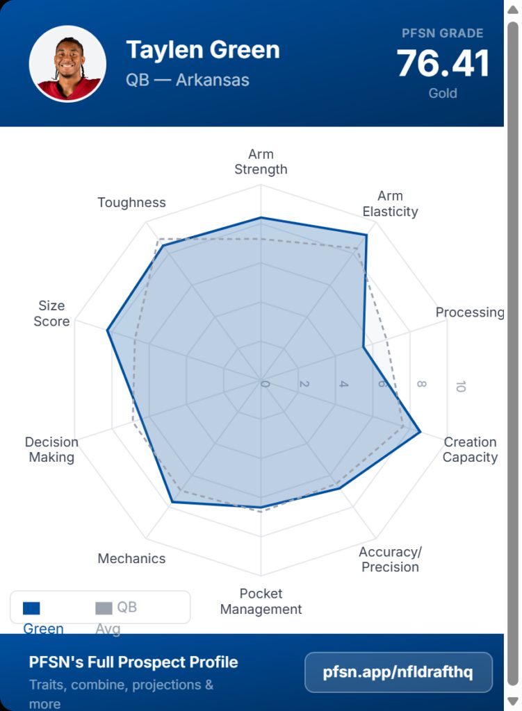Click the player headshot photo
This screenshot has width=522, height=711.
point(67,64)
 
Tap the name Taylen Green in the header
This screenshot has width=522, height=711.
point(203,50)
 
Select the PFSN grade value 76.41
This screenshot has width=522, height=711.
point(443,64)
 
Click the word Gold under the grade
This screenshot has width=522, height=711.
point(443,93)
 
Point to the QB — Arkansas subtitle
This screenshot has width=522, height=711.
point(188,80)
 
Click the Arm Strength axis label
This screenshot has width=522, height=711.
point(261,162)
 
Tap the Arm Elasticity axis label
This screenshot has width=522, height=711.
point(390,203)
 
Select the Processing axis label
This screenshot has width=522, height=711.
point(470,312)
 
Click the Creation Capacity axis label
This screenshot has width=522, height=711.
point(470,449)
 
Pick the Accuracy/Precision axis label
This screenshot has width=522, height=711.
point(390,559)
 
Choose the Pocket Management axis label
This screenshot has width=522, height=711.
point(261,601)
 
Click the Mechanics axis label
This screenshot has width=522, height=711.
point(131,558)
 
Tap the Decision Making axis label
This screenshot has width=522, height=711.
point(51,449)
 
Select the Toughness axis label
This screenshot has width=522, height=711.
point(131,203)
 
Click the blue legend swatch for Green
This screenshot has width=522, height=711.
point(31,608)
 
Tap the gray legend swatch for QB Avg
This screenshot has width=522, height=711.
point(104,608)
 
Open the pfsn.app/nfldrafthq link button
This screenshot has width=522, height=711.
point(398,672)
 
